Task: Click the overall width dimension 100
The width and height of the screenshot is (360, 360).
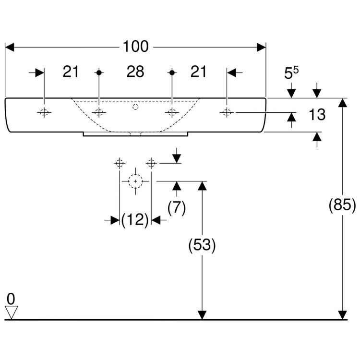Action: (135, 47)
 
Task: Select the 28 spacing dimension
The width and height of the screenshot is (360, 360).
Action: (135, 72)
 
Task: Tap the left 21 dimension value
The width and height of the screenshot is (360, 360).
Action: (71, 72)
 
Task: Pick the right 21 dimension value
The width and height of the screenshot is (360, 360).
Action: (198, 72)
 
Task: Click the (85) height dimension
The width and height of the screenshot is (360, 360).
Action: (342, 205)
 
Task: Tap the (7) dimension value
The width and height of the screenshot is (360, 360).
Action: (177, 207)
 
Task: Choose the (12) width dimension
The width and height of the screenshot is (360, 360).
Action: (135, 220)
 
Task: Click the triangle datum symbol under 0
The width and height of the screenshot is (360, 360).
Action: (11, 313)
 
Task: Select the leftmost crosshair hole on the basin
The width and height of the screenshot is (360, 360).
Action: (44, 113)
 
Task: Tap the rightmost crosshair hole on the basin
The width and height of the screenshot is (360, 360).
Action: (227, 112)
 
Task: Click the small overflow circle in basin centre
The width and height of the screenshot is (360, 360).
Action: (135, 108)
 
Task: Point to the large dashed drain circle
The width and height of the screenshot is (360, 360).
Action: (135, 181)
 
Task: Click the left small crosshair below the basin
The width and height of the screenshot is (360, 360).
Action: (119, 164)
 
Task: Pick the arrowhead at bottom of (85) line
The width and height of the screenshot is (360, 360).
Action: (342, 315)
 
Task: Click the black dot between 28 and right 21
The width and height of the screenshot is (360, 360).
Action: (171, 72)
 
